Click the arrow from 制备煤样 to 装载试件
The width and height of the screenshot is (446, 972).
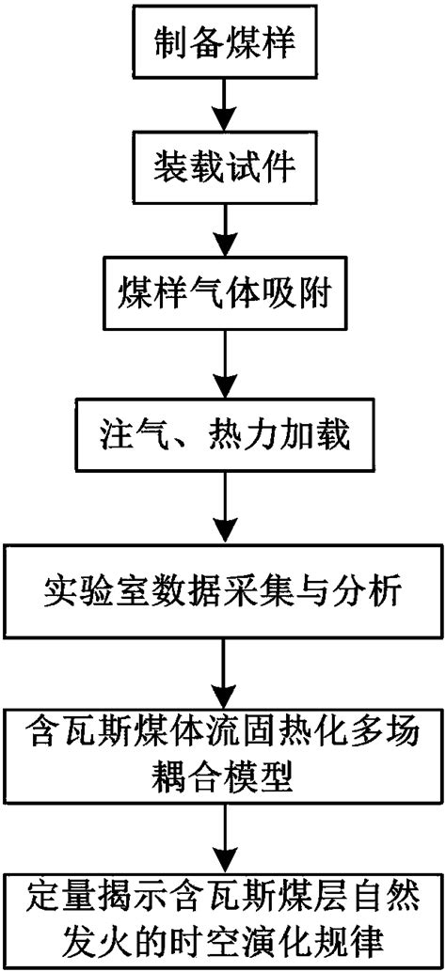click(223, 104)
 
